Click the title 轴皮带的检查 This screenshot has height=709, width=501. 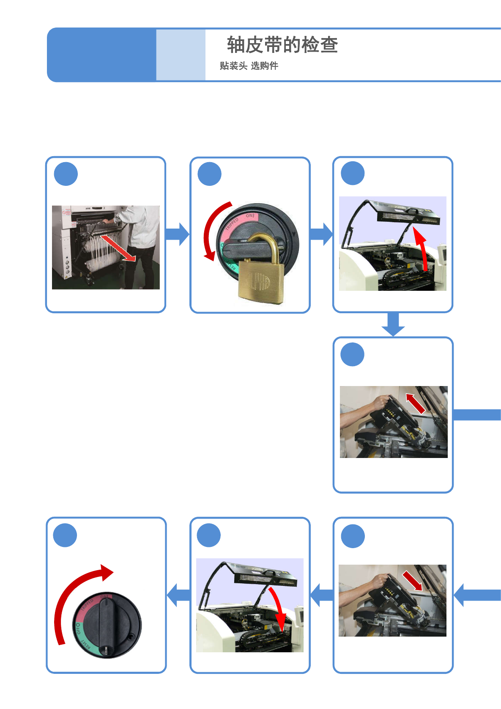pos(282,45)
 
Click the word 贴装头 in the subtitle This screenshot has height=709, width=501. pos(233,66)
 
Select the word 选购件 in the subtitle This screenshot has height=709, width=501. pos(265,66)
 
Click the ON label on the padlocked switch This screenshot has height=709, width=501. pos(250,216)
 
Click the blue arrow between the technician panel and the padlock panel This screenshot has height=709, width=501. pos(178,234)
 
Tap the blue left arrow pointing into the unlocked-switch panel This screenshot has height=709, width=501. pos(178,595)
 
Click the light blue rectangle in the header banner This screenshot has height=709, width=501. pos(181,55)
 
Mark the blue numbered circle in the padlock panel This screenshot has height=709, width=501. pos(210,174)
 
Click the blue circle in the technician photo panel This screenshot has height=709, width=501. pos(66,174)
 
